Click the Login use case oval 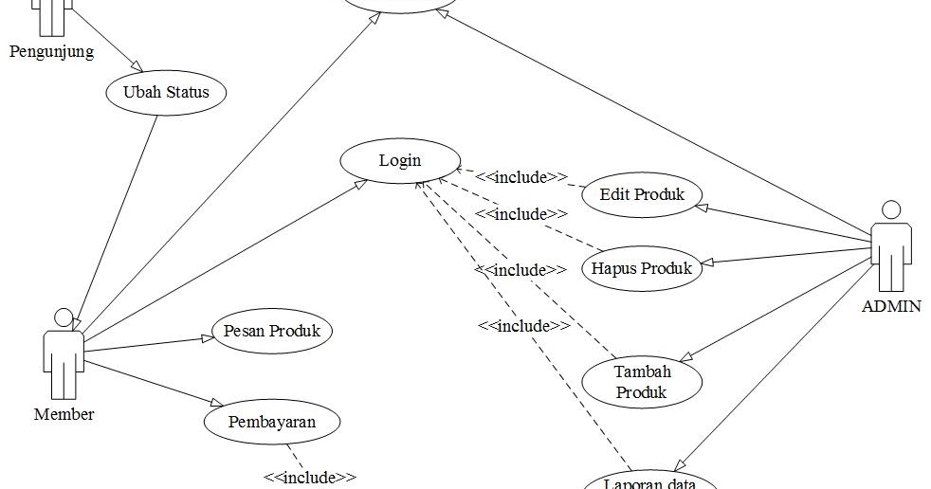(x=400, y=160)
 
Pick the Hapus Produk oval (x=641, y=268)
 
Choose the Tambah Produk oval (x=641, y=382)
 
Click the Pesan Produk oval (x=272, y=332)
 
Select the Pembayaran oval (x=271, y=422)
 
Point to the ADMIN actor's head (x=890, y=209)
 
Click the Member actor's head (x=64, y=317)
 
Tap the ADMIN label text (x=890, y=306)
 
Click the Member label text (x=64, y=414)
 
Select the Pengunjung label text (x=51, y=51)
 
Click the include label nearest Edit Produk (x=520, y=176)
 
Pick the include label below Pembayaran (x=310, y=478)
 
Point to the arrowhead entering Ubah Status (x=137, y=68)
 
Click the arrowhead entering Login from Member (x=361, y=182)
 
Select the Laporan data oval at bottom (x=650, y=482)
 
